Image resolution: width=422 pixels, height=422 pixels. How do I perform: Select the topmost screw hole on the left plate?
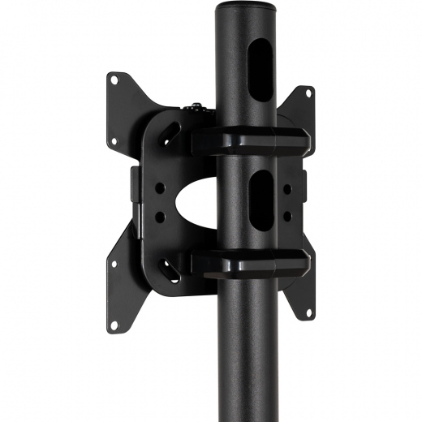(x=114, y=80)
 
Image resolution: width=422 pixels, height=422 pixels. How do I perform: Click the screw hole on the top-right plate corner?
(x=308, y=93)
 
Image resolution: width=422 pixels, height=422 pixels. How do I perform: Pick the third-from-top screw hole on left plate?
(x=114, y=263)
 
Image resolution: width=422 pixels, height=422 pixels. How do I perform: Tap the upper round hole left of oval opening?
(x=161, y=187)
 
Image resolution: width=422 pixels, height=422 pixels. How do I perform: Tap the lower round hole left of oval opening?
(x=161, y=216)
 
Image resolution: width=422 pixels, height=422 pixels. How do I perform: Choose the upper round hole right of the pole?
(x=285, y=187)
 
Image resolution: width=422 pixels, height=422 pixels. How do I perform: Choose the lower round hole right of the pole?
(x=285, y=214)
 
